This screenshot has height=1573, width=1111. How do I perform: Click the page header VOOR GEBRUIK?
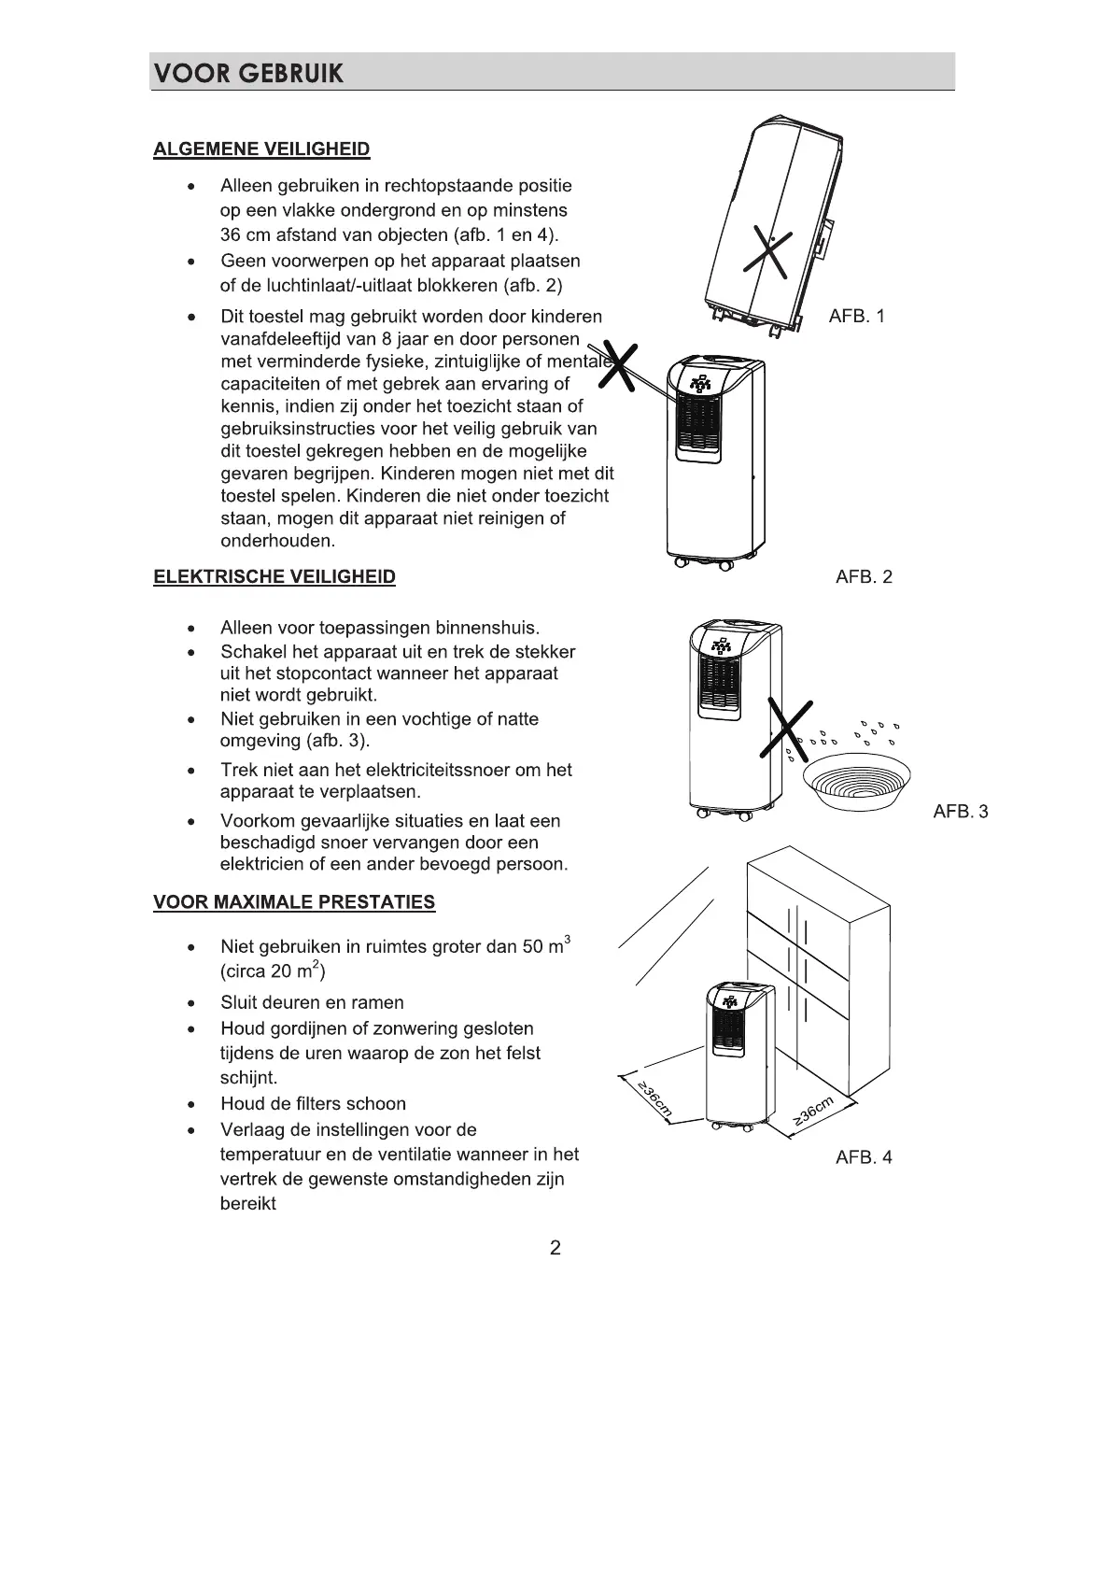pyautogui.click(x=248, y=73)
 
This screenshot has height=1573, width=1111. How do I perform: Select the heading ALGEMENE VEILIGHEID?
pyautogui.click(x=261, y=149)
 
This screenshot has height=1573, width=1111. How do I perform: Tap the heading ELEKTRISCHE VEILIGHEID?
pyautogui.click(x=274, y=576)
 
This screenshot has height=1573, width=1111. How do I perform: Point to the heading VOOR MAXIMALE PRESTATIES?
pyautogui.click(x=294, y=902)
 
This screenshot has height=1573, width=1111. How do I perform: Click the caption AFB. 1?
pyautogui.click(x=856, y=316)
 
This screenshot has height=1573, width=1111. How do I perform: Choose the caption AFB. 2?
pyautogui.click(x=864, y=576)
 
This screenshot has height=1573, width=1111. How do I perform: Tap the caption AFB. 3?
pyautogui.click(x=960, y=811)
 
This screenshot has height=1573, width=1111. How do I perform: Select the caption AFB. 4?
pyautogui.click(x=864, y=1157)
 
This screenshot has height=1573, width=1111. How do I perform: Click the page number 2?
pyautogui.click(x=555, y=1248)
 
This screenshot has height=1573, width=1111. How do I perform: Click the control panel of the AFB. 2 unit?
pyautogui.click(x=700, y=384)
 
